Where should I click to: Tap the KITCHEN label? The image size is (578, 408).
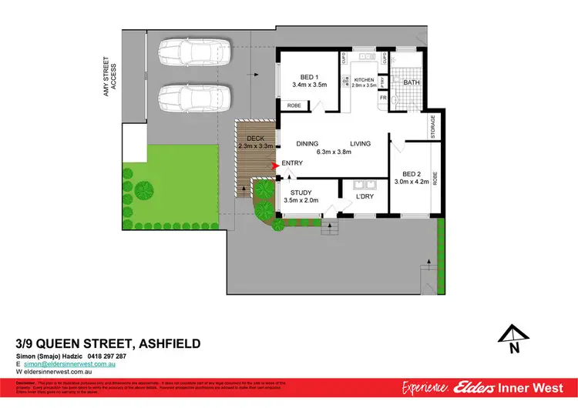364,80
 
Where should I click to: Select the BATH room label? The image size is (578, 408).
412,82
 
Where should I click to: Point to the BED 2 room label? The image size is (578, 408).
405,174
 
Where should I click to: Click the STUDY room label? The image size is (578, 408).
299,192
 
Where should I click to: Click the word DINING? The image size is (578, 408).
308,143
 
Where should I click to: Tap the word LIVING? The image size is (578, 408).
361,143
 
